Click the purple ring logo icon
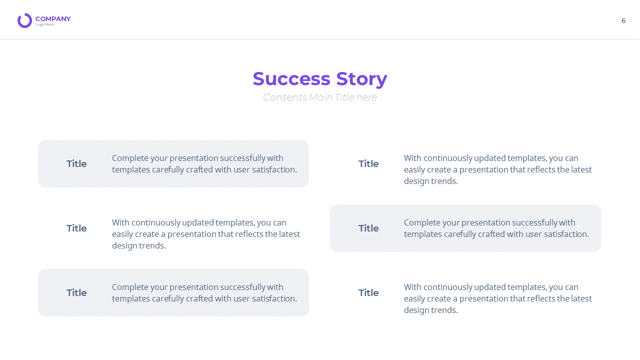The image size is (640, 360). pyautogui.click(x=24, y=20)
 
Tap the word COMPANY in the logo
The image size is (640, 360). pyautogui.click(x=53, y=19)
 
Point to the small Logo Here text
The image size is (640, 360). pyautogui.click(x=45, y=24)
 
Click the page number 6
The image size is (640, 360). pyautogui.click(x=623, y=20)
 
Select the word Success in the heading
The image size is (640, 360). pyautogui.click(x=291, y=79)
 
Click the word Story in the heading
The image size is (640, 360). pyautogui.click(x=361, y=79)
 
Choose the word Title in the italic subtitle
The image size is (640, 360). pyautogui.click(x=344, y=97)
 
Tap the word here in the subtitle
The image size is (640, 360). pyautogui.click(x=367, y=97)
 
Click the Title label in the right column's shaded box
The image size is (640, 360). pyautogui.click(x=368, y=228)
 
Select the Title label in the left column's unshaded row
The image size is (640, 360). pyautogui.click(x=76, y=228)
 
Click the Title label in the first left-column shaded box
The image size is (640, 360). pyautogui.click(x=76, y=164)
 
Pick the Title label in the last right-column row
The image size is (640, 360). pyautogui.click(x=368, y=293)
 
